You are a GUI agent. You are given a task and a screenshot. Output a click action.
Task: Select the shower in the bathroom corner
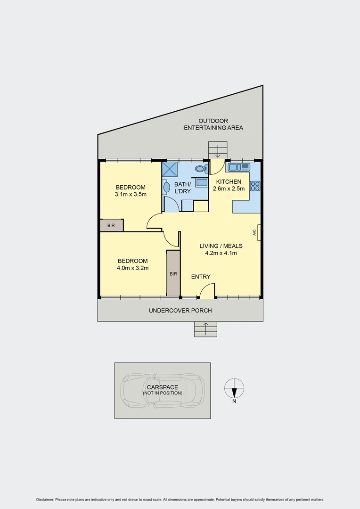pos(169,168)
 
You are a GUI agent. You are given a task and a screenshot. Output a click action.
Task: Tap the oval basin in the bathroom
pos(166,188)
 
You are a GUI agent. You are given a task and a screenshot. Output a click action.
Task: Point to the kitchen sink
pos(239,167)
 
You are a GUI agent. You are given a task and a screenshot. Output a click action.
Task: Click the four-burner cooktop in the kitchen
pos(255,186)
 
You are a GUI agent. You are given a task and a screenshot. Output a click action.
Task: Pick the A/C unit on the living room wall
pos(259,232)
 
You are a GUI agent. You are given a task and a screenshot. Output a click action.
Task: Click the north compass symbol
pos(234,388)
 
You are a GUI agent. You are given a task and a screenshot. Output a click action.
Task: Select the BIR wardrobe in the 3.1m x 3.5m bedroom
pos(111,225)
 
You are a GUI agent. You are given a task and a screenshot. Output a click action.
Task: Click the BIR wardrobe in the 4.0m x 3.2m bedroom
pos(173,273)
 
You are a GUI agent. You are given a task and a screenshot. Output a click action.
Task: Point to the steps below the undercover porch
pos(205,329)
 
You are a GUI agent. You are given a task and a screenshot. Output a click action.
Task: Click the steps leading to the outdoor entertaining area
pos(218,150)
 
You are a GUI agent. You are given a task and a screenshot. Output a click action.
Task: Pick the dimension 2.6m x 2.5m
pos(229,189)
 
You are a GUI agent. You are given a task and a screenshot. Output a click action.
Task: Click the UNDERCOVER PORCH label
pos(180,311)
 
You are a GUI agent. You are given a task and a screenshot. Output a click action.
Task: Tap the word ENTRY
pos(201,277)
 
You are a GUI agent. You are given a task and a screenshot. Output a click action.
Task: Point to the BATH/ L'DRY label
pos(182,188)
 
